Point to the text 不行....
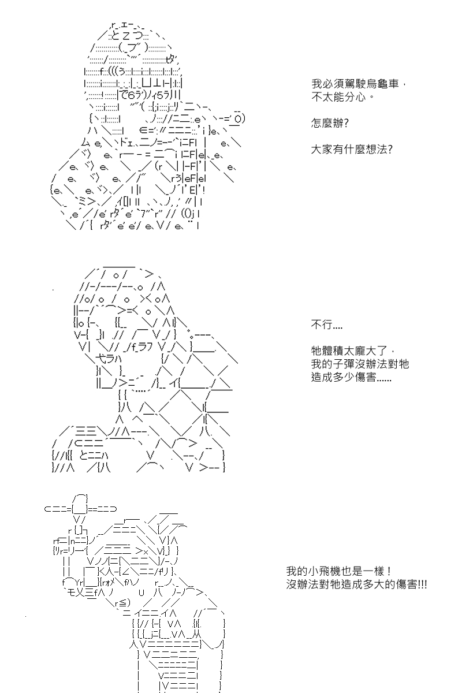tap(326, 325)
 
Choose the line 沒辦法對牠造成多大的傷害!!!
tap(356, 584)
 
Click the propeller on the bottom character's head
tap(81, 508)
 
